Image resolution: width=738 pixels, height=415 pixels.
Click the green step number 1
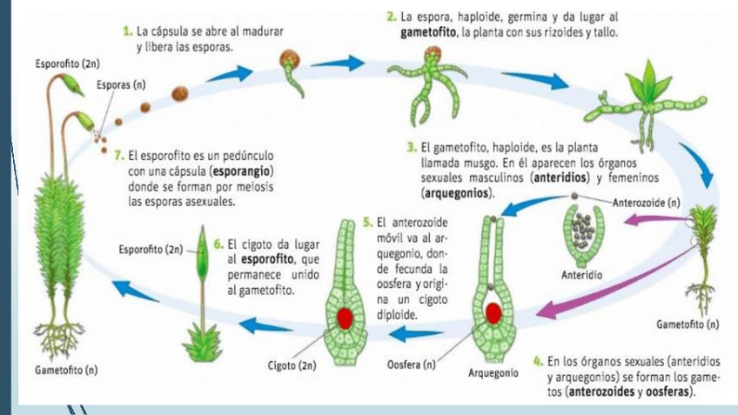[128, 32]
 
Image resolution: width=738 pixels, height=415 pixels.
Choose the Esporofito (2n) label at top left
[67, 64]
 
